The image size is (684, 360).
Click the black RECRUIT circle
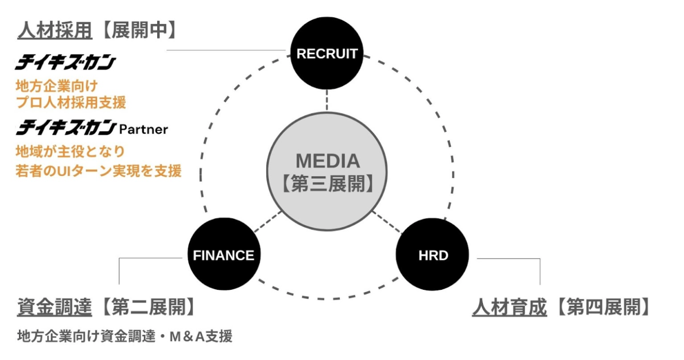327,53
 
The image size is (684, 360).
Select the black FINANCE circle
223,255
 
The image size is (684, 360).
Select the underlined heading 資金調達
54,307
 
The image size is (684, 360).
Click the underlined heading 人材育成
509,307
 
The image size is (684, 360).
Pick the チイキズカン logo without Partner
65,63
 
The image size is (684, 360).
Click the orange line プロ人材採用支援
71,102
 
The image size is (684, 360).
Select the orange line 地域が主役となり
70,152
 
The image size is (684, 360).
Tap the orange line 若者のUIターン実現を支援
98,171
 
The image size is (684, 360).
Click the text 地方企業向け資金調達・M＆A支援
124,335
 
